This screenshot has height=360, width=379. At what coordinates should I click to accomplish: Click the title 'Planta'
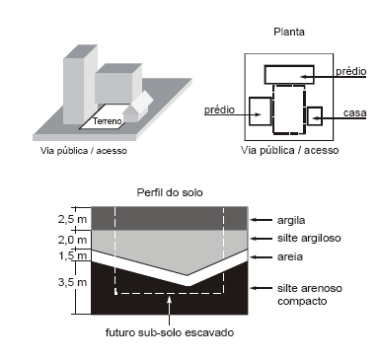(289, 32)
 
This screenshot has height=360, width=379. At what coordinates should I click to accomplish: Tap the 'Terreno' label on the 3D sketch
(108, 121)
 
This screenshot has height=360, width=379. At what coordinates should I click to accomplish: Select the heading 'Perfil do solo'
(170, 192)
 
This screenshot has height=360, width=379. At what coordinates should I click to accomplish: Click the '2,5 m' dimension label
(72, 219)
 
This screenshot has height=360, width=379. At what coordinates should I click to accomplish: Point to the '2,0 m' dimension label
(72, 240)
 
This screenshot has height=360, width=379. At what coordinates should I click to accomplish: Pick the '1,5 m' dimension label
(72, 255)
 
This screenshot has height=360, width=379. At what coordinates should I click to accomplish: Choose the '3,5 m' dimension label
(72, 282)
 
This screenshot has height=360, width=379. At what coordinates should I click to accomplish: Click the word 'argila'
(291, 220)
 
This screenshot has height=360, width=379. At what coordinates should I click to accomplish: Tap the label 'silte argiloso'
(309, 238)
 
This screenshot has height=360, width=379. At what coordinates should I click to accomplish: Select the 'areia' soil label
(290, 256)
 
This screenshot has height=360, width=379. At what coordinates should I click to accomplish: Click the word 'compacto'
(302, 301)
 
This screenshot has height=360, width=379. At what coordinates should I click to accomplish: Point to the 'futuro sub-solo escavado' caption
(170, 332)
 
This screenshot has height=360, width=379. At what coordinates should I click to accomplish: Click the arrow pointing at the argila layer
(262, 220)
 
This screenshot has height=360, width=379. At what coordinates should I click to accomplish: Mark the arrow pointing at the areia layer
(262, 256)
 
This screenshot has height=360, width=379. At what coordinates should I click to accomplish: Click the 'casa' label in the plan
(354, 112)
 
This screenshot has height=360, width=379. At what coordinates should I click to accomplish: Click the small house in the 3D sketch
(138, 107)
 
